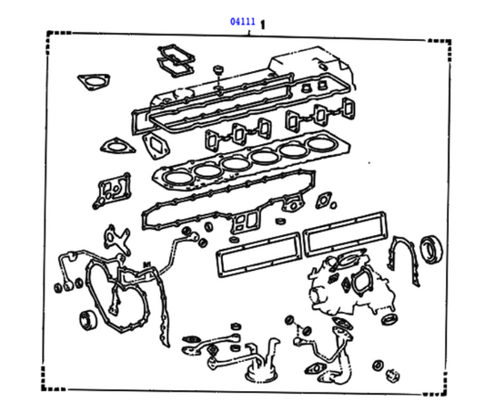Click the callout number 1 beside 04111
click(x=263, y=23)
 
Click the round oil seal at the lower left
click(x=88, y=319)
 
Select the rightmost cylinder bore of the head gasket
click(x=322, y=147)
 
